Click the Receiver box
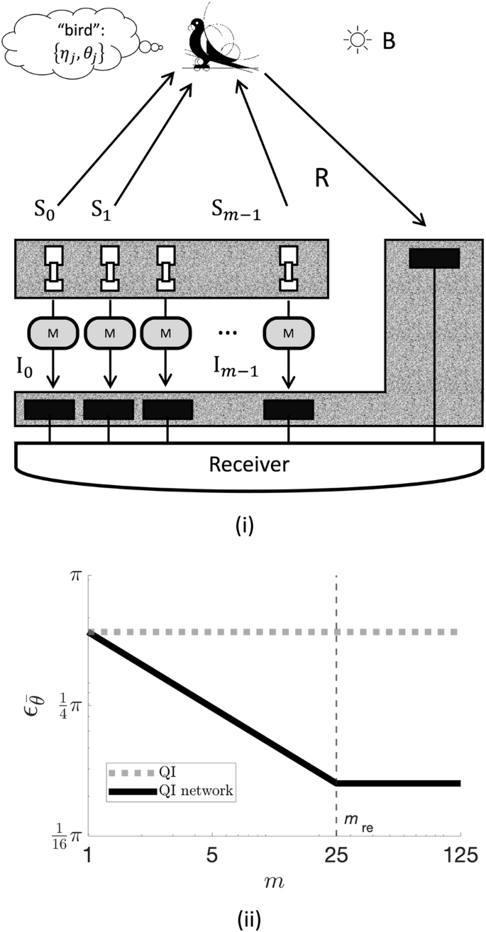[x=245, y=465]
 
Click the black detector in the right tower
[x=434, y=258]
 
